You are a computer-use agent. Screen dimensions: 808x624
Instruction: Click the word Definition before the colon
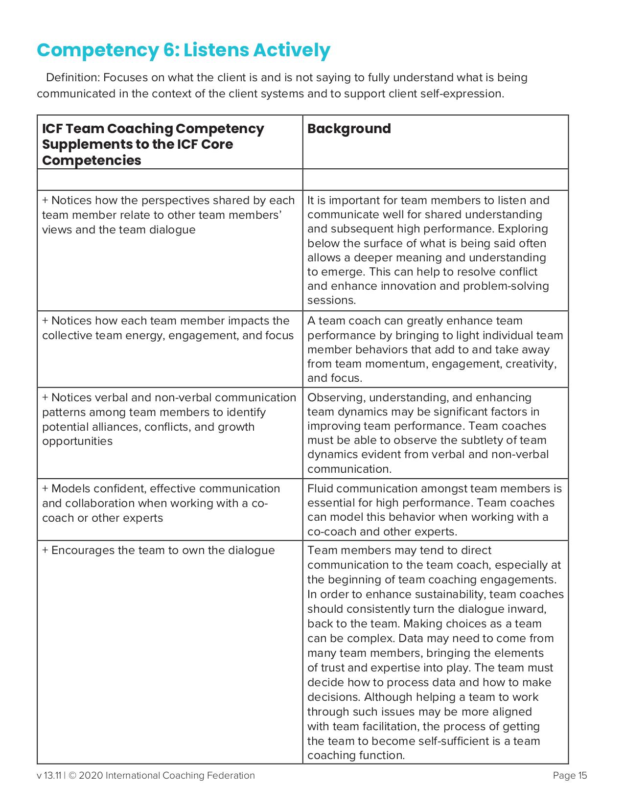pos(72,78)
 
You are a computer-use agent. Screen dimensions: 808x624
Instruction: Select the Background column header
pos(349,129)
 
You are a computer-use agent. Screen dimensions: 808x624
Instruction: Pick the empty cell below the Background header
pos(435,180)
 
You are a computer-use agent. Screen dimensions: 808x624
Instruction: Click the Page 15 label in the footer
pos(570,776)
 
